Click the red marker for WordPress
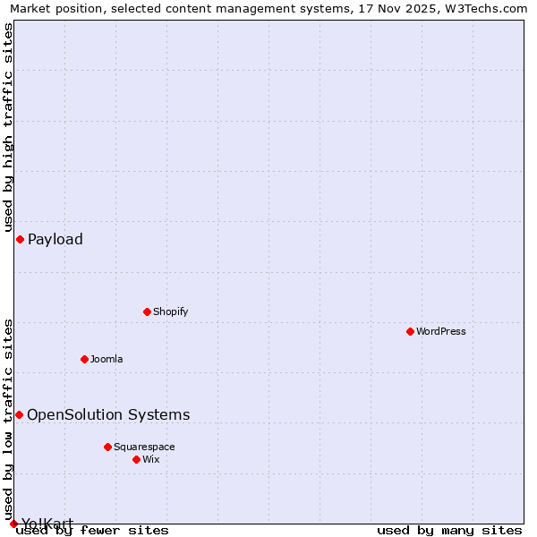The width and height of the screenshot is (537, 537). coord(410,331)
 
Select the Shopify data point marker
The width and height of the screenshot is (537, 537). coord(147,311)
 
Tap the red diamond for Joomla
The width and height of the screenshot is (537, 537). coord(84,359)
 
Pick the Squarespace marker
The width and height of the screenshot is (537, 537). coord(107,447)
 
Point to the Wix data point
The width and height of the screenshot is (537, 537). coord(136,459)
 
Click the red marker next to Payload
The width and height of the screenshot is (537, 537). coord(20,239)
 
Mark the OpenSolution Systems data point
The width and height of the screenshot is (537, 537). coord(19,414)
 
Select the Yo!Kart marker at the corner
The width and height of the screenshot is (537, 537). coord(13,524)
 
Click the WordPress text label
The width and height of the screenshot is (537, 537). coord(441,331)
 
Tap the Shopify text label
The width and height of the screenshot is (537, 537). coord(170,311)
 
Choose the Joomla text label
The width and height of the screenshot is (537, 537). coord(107,359)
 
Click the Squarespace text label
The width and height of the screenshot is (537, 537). coord(144,447)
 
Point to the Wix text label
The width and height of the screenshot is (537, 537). coord(150,459)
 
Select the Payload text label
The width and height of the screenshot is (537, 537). coord(55,239)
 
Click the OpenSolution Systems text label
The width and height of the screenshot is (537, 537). coord(108,414)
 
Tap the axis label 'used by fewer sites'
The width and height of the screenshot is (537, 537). coord(92,531)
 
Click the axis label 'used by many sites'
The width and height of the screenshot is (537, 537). coord(449,531)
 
